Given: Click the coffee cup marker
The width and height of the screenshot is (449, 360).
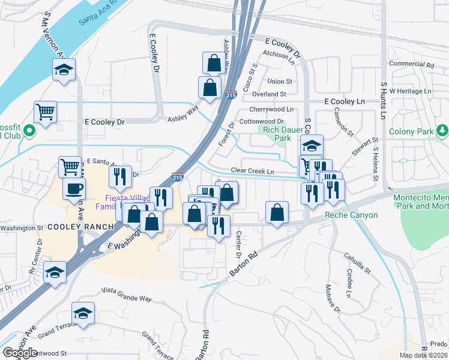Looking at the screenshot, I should pos(74,188).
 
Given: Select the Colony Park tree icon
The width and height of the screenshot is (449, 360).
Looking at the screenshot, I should pos(442,130).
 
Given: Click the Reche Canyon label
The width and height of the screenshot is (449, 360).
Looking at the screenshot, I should pos(351,215).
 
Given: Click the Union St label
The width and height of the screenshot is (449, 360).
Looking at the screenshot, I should pos(280,81).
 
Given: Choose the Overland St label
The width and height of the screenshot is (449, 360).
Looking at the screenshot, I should pos(269,94).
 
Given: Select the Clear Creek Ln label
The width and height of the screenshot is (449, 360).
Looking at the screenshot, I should pos(252,171).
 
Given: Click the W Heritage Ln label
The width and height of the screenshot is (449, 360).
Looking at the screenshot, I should pos(411,91).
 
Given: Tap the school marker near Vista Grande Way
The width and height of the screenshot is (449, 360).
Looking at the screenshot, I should pos(83,313).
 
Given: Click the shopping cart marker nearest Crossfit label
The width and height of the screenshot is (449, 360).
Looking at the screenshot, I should pos(45,111).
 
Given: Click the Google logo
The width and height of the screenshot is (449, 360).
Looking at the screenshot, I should pos(20,353).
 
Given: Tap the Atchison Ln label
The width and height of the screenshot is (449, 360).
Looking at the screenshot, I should pos(279,56).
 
